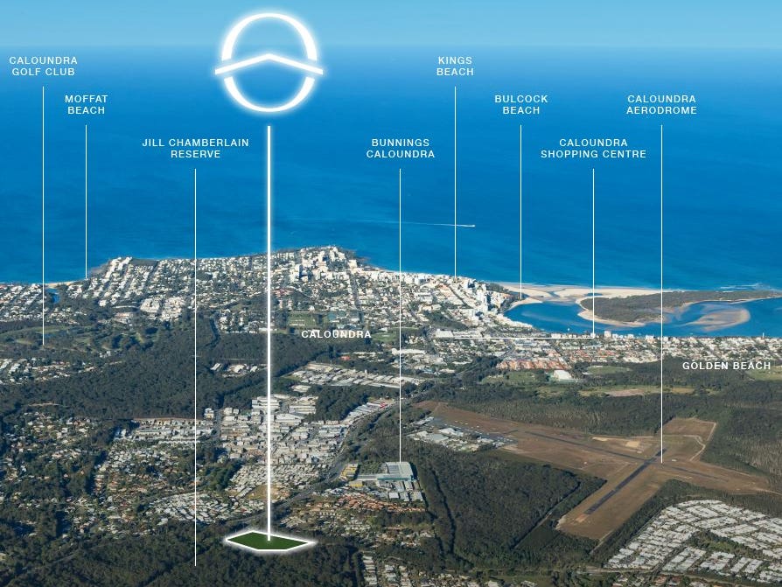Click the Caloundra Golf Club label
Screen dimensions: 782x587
tap(43, 66)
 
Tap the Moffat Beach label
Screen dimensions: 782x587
tap(86, 105)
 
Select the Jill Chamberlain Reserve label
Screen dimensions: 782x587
tap(195, 148)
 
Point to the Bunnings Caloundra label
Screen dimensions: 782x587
tap(400, 148)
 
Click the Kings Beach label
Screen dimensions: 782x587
tap(455, 66)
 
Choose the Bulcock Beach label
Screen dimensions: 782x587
tap(520, 105)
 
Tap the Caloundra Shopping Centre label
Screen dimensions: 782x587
tap(593, 148)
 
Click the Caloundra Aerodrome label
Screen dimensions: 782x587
tap(661, 105)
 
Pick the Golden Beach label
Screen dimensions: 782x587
tap(726, 366)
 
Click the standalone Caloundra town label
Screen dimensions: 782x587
tap(336, 334)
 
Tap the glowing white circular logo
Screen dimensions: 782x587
tap(269, 63)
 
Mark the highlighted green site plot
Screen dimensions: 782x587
tap(269, 542)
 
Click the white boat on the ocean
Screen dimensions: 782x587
tap(471, 226)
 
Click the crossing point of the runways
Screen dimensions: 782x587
tap(648, 462)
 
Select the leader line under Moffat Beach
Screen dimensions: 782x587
tap(86, 201)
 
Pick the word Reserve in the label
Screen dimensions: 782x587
tap(195, 154)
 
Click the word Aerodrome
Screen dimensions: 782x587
tap(661, 111)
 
